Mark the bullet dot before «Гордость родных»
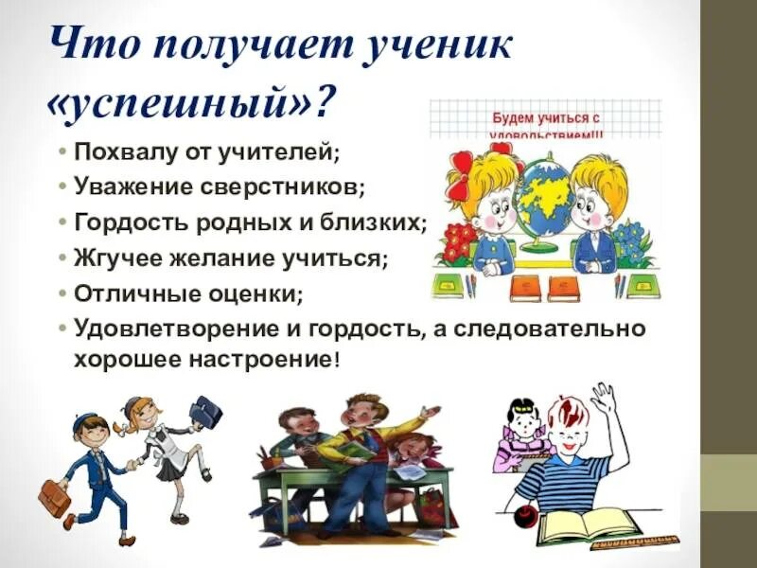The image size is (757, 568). (62, 222)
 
